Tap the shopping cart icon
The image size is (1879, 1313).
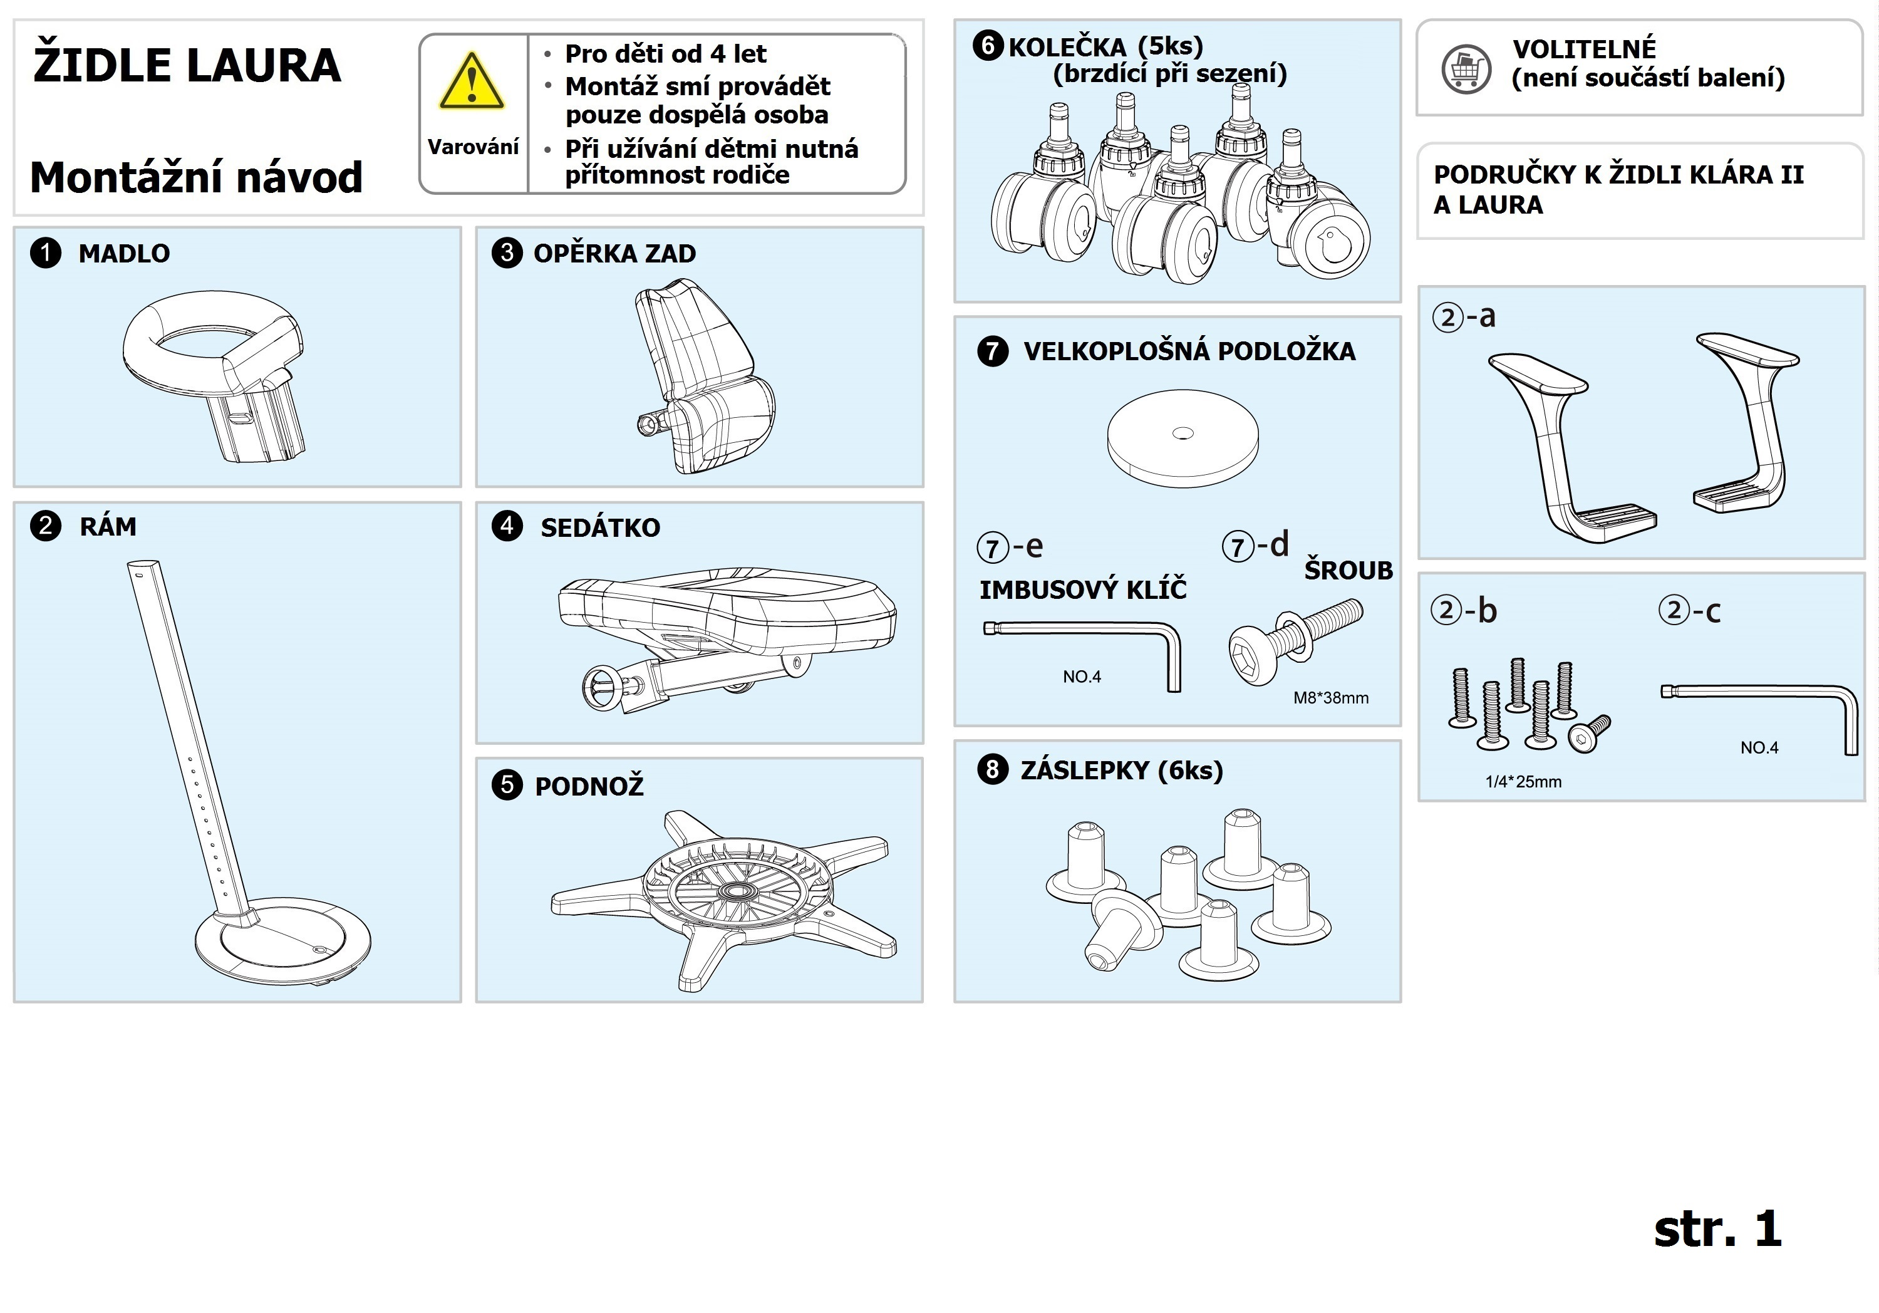pos(1466,69)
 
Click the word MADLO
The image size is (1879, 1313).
pos(123,254)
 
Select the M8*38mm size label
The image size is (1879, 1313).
pos(1331,698)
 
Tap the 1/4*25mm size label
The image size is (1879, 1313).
pos(1523,782)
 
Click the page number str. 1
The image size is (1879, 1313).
pos(1717,1230)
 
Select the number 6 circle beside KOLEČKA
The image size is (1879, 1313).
pos(988,45)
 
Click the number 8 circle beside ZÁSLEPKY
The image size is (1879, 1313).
pos(993,769)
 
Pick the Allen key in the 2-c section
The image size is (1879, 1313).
pos(1759,704)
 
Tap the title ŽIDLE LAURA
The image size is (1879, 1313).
pos(187,66)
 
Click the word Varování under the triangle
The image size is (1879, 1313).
pos(473,147)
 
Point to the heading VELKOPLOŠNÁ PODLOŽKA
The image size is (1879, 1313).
pos(1189,351)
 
